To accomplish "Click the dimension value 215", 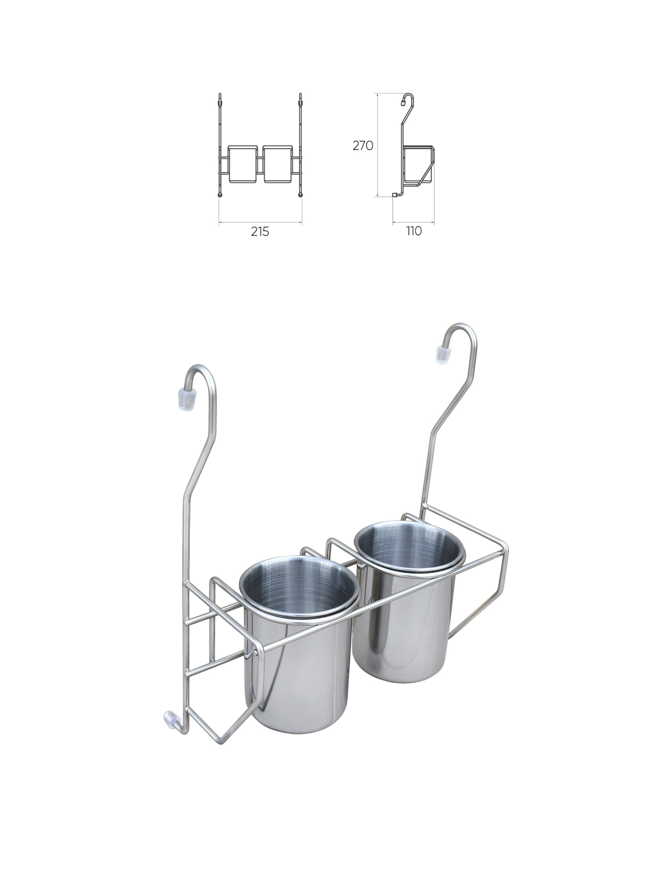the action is pos(260,232).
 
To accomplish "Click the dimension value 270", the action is pos(363,145).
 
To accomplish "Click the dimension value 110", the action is pos(414,231).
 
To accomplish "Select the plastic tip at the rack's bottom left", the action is pos(170,718).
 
